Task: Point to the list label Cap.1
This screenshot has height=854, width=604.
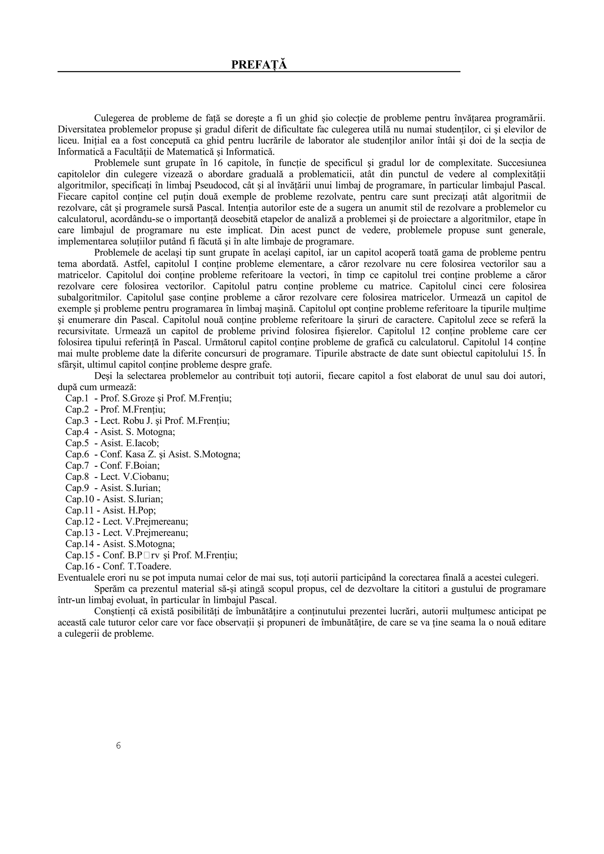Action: click(x=77, y=398)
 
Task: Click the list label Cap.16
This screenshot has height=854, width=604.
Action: click(x=79, y=566)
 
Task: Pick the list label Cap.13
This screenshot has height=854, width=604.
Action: click(x=79, y=532)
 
